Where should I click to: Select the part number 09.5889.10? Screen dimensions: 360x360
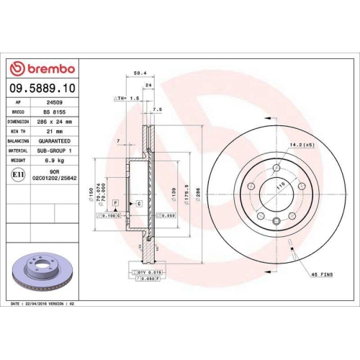tap(41, 87)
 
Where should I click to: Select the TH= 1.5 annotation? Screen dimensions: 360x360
tap(127, 97)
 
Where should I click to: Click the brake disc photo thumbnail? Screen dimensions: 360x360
tap(42, 272)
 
